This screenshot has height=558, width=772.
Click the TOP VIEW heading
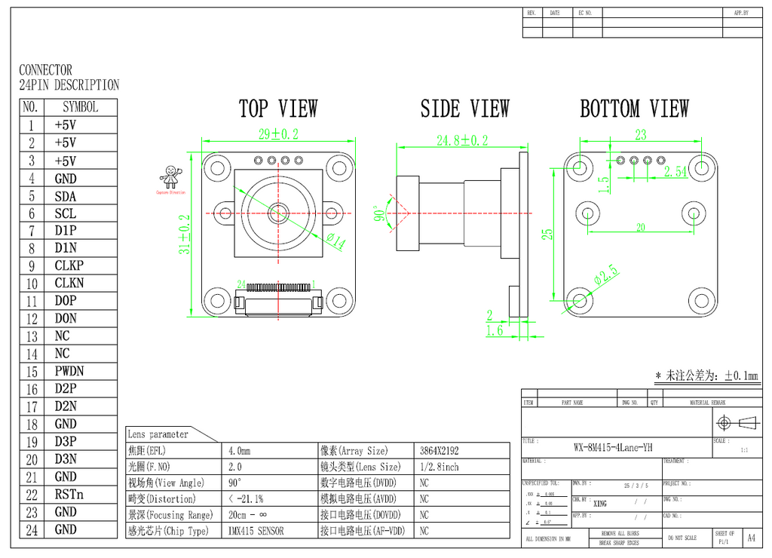(278, 109)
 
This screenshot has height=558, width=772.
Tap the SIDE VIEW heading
(464, 109)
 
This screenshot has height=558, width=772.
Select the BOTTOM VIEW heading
(634, 109)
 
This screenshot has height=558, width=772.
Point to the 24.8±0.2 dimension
(462, 140)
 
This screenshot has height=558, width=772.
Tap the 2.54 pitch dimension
(675, 172)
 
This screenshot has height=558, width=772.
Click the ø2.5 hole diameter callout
(607, 275)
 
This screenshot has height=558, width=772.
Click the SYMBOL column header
(80, 107)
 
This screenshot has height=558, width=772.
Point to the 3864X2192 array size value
(440, 451)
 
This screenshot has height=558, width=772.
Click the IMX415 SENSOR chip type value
(256, 531)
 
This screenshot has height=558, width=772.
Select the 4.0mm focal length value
(239, 451)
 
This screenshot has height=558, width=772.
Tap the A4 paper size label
(751, 538)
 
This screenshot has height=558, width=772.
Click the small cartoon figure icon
(171, 177)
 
